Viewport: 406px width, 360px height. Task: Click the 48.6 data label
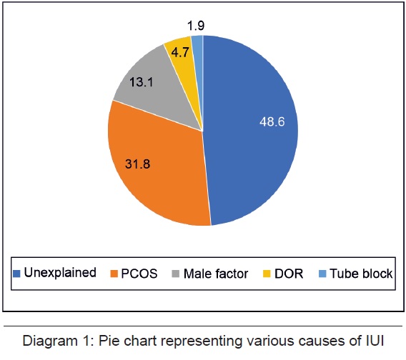click(x=272, y=121)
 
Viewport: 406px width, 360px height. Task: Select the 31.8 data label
click(x=137, y=164)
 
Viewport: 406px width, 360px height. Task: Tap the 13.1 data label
click(x=142, y=82)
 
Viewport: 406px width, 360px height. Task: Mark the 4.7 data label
click(x=180, y=53)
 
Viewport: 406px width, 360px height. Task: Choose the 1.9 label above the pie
click(x=196, y=26)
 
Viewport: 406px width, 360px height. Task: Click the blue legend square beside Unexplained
click(x=16, y=274)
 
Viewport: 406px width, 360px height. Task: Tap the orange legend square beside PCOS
click(x=114, y=274)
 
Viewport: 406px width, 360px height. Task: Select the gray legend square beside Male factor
click(x=176, y=274)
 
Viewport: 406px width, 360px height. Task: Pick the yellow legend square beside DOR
click(x=267, y=274)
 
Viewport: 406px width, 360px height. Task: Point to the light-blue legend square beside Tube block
click(x=322, y=274)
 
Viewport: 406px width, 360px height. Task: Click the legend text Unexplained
click(x=60, y=273)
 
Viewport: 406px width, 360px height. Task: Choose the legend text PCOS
click(x=139, y=274)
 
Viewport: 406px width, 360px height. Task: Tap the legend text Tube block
click(x=361, y=274)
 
